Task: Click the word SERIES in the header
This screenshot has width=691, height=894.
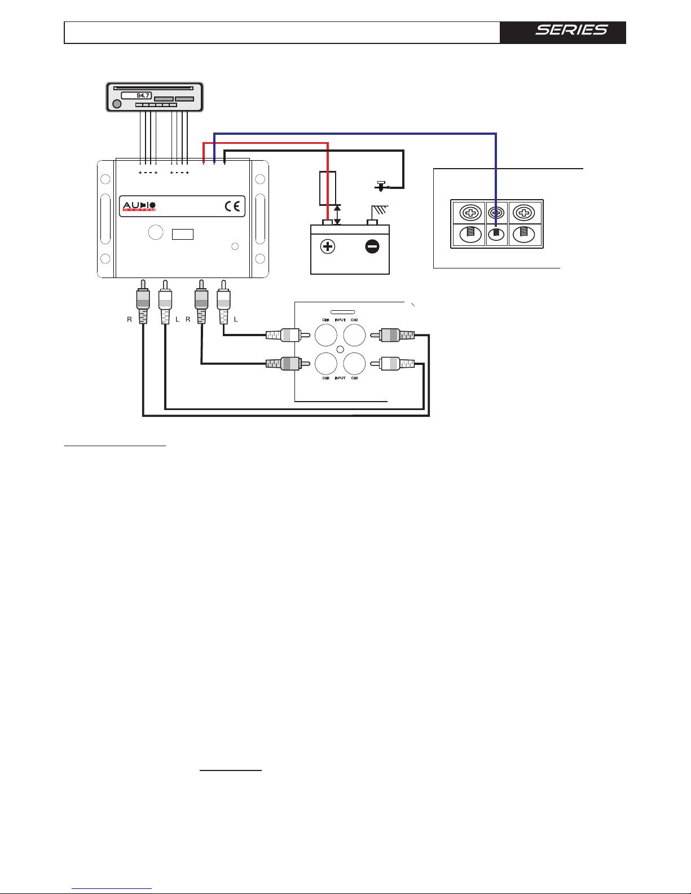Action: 571,30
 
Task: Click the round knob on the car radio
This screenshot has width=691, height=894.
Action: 117,104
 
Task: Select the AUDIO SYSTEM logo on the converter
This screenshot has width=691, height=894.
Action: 139,206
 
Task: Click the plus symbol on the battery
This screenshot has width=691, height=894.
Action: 327,246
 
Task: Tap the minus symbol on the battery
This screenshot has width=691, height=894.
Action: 372,246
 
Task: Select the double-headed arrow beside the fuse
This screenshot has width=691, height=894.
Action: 337,215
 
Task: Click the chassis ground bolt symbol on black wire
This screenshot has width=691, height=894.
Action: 381,186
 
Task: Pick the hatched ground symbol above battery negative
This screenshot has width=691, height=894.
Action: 377,211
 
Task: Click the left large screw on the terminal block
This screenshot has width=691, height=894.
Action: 470,213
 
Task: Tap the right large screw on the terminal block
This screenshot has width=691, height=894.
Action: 524,213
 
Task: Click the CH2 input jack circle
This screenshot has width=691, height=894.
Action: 355,336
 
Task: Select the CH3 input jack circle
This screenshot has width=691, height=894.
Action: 325,364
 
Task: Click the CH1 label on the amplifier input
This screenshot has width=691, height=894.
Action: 354,378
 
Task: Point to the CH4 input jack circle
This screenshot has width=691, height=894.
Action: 325,336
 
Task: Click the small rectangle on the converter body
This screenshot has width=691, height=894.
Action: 183,234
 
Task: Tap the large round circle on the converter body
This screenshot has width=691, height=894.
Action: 155,232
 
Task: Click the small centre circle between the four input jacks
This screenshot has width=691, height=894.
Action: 340,350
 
